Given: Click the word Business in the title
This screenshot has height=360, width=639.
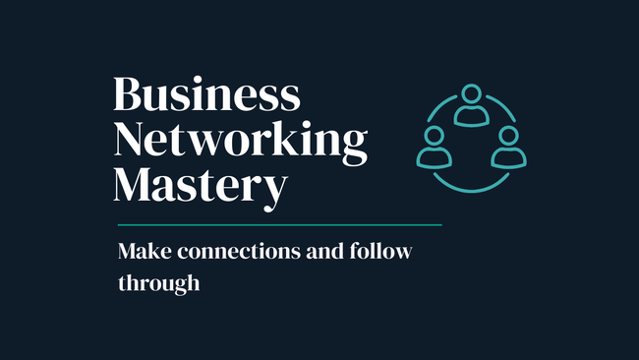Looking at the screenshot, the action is point(207,93).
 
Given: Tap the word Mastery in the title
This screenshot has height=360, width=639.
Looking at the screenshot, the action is point(201,189).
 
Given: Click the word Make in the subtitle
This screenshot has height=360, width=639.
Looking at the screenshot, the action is point(145,251).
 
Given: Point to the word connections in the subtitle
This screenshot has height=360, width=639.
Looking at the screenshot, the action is point(239,251).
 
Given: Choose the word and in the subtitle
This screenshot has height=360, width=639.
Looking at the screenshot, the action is point(324,251).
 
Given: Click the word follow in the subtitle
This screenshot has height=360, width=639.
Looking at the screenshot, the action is point(380,251).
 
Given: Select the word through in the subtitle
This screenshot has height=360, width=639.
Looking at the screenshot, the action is point(159,283).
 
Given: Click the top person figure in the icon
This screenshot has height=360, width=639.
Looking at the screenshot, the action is point(472,105).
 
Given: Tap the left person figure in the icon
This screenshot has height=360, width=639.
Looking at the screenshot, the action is point(434,148).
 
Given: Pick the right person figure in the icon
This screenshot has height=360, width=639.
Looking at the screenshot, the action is point(508,148).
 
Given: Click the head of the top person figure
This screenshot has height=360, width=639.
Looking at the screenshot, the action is point(472,93).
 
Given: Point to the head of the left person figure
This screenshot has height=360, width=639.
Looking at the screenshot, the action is point(434,136).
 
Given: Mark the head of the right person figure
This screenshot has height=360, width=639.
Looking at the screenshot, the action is point(508,136).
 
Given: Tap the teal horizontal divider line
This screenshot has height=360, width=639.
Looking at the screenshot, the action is point(280,224).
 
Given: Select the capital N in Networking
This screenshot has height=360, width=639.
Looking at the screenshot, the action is point(129,139).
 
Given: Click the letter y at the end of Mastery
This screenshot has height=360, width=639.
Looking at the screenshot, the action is point(275,193).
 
